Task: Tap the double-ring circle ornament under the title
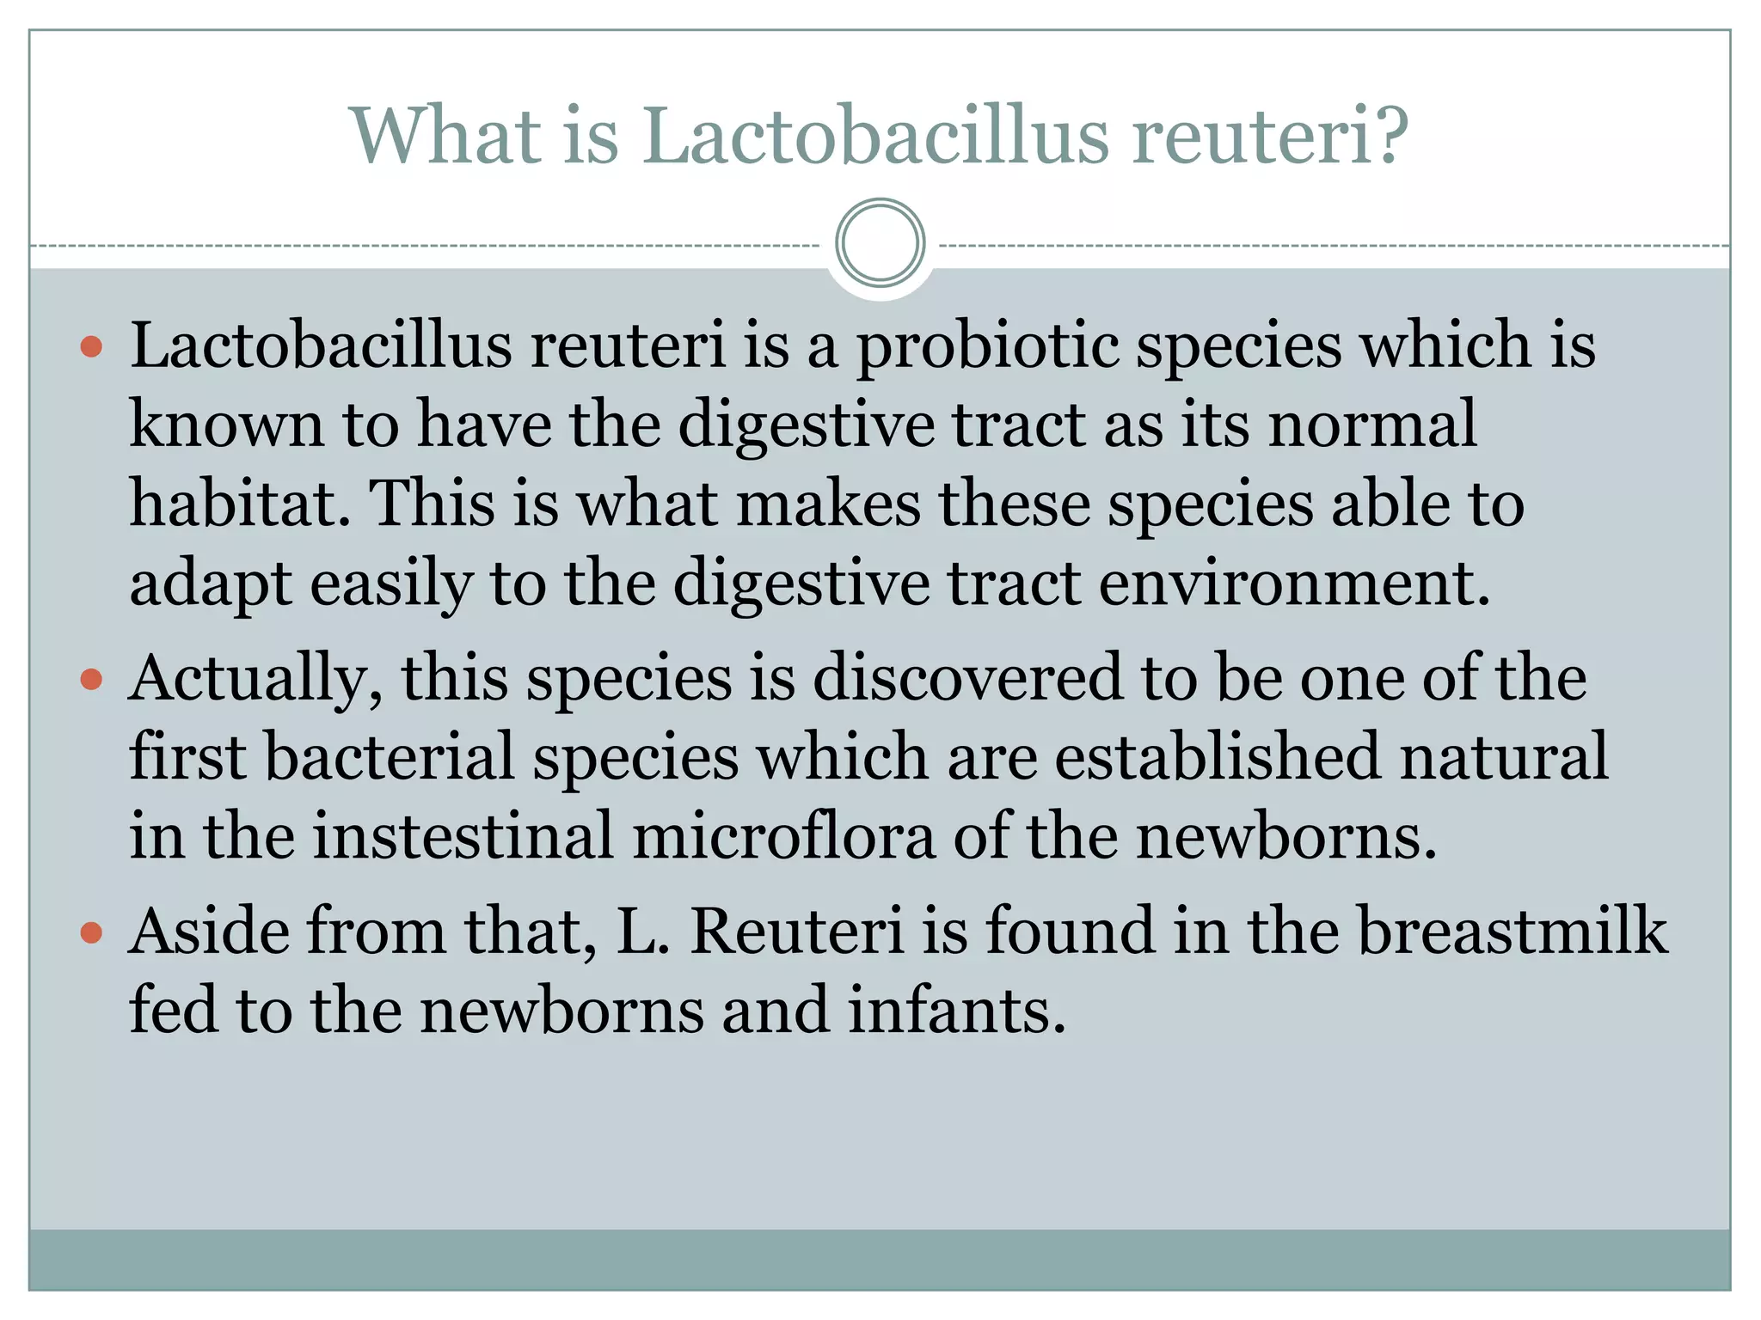880,243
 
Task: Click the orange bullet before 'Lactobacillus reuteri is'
91,347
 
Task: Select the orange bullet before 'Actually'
91,680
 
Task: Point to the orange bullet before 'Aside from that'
91,932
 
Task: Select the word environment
1293,584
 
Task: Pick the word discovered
967,678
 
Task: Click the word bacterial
390,757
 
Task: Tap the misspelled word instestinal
463,836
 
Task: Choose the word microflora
783,836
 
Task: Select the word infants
957,1011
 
